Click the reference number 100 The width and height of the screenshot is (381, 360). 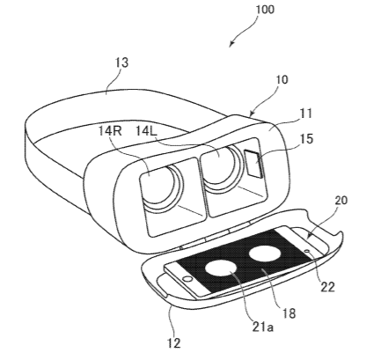point(265,9)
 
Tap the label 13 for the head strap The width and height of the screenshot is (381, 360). point(121,62)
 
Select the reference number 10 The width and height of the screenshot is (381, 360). point(282,80)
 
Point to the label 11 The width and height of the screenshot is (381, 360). point(306,114)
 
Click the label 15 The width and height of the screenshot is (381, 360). point(306,139)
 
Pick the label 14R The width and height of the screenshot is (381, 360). point(110,131)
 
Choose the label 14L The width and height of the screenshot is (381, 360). point(146,131)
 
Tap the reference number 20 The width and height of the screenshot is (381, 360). point(341,200)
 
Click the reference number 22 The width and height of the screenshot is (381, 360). point(327,287)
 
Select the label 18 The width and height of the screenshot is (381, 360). point(289,313)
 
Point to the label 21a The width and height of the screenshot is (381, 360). point(263,327)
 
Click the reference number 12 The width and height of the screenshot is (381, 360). point(174,343)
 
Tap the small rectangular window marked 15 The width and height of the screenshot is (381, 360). point(253,164)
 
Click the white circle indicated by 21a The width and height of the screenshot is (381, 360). point(221,268)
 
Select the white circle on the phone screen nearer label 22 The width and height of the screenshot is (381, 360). point(265,253)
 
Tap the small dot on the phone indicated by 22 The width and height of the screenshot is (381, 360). point(307,251)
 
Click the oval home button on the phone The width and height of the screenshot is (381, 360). point(187,278)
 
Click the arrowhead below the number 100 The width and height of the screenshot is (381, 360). point(231,44)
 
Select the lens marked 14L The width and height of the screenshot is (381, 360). point(223,169)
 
